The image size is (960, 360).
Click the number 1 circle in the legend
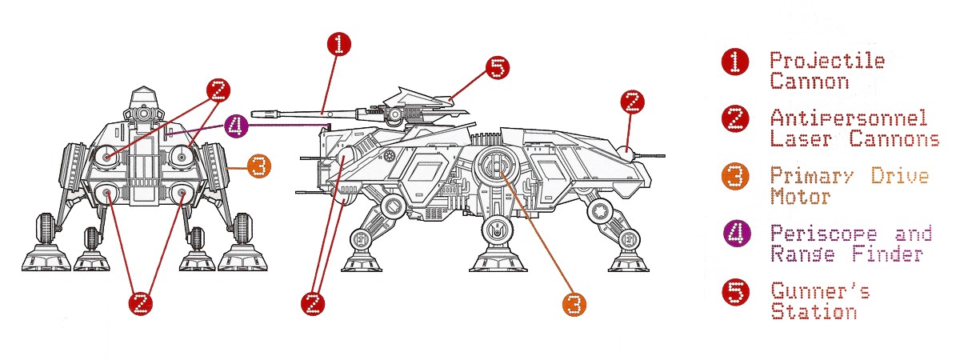click(x=735, y=62)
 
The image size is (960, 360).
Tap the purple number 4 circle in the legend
click(x=735, y=234)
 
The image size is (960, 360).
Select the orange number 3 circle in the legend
click(x=735, y=177)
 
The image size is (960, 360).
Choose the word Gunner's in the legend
click(x=819, y=290)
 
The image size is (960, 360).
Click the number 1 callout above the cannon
click(x=338, y=44)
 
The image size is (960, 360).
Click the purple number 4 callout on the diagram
click(x=234, y=126)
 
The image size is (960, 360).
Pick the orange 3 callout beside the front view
click(x=258, y=166)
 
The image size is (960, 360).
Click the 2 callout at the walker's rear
click(x=632, y=101)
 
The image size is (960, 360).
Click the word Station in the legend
click(x=814, y=310)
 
